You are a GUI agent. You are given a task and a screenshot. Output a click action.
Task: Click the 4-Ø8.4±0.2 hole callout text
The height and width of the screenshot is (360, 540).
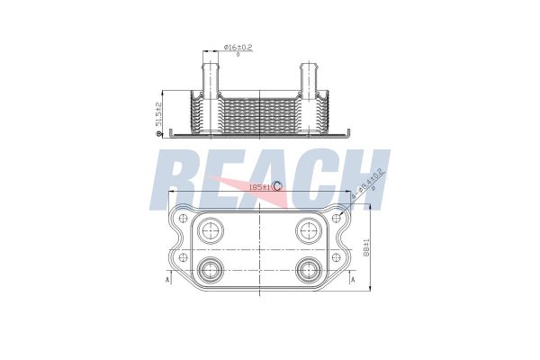click(370, 188)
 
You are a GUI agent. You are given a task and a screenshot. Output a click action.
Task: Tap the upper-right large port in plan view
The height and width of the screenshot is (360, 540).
click(308, 229)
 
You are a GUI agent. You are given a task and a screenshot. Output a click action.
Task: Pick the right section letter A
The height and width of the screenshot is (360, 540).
click(352, 280)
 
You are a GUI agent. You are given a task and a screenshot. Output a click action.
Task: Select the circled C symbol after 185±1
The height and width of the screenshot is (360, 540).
click(277, 186)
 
